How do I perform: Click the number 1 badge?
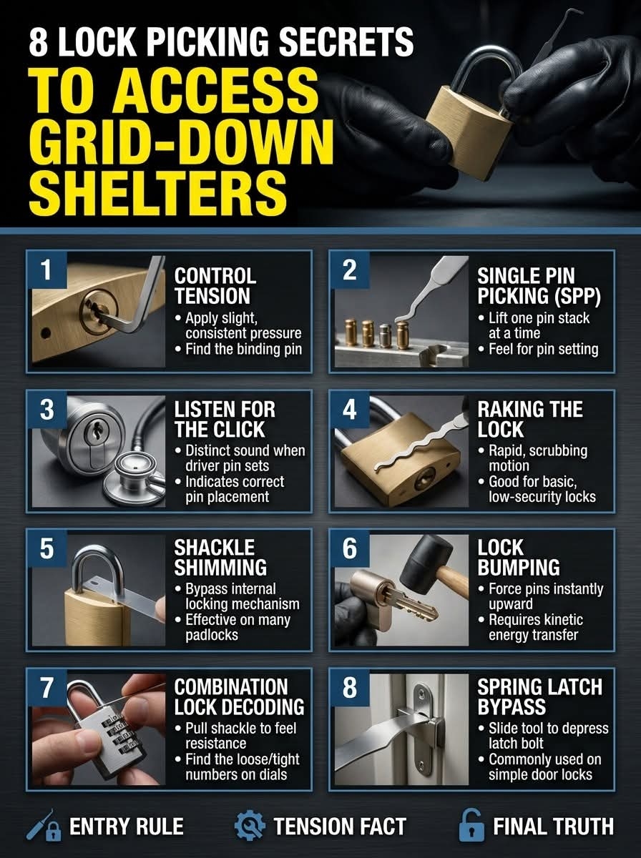[x=47, y=270]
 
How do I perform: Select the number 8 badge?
[x=350, y=687]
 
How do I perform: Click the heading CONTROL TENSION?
[x=215, y=286]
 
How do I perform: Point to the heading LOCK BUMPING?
[x=519, y=558]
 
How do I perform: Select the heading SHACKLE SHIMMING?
[x=220, y=558]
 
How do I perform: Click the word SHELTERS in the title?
[x=157, y=194]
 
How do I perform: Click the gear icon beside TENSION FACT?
[x=250, y=826]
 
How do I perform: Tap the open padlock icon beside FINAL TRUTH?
[x=471, y=825]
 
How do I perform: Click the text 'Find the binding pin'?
[x=244, y=349]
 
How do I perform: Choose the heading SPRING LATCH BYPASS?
[x=539, y=696]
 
